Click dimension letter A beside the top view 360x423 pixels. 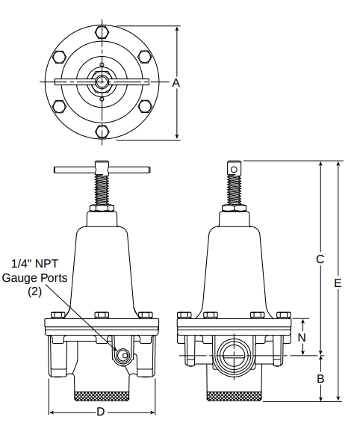click(x=176, y=83)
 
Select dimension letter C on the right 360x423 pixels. click(x=320, y=259)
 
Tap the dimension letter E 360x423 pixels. click(x=338, y=283)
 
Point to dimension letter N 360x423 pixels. click(x=302, y=338)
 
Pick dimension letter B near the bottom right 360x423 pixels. click(x=320, y=379)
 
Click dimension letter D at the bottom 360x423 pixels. click(x=100, y=412)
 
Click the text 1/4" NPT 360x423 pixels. click(x=35, y=264)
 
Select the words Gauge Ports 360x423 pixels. click(x=34, y=277)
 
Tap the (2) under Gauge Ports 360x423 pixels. click(x=35, y=291)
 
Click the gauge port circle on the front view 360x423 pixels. click(x=122, y=356)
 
